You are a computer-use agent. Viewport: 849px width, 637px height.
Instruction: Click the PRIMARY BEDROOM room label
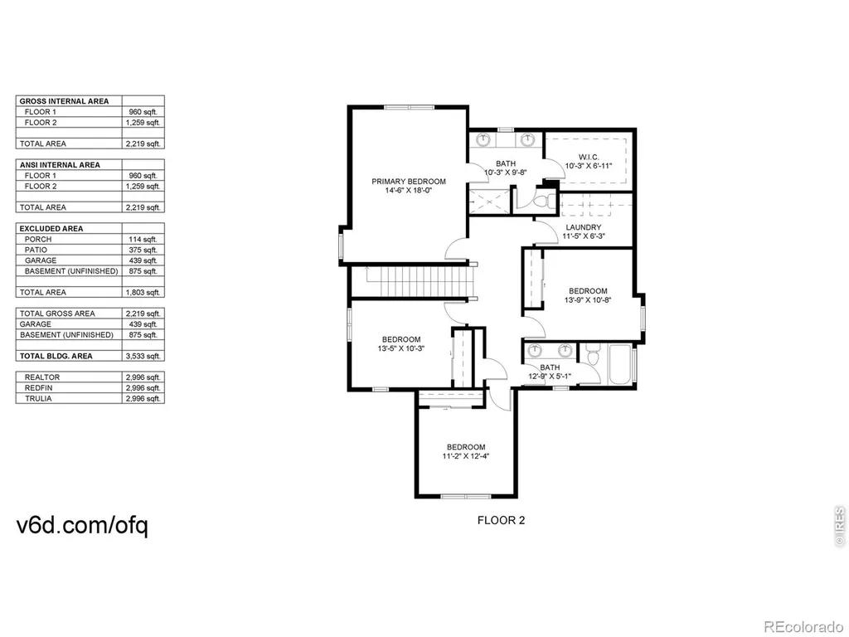409,182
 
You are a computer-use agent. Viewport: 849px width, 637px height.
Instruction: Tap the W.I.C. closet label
589,157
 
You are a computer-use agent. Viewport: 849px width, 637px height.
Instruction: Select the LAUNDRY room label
584,227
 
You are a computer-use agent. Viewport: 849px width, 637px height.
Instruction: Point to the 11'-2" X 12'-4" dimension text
466,456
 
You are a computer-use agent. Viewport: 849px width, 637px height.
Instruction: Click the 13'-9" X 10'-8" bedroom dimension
588,299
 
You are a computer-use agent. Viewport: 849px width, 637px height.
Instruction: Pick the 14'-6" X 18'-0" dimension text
409,191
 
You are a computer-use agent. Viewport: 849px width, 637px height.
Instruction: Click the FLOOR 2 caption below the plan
501,521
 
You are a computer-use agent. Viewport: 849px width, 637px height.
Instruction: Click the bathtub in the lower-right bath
620,365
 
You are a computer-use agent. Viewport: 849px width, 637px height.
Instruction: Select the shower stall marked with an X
489,202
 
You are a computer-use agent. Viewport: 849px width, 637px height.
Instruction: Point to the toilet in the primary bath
543,202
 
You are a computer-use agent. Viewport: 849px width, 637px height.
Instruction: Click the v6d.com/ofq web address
82,525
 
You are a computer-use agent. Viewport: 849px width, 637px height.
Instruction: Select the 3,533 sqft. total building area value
143,357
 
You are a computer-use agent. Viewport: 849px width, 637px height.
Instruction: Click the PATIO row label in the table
36,250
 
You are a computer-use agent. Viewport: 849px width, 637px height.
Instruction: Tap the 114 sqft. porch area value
143,240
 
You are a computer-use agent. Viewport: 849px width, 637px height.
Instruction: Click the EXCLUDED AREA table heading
51,229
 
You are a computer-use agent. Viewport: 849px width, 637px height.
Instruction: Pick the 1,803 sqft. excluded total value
143,293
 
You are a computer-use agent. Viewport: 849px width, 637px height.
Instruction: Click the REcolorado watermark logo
803,627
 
